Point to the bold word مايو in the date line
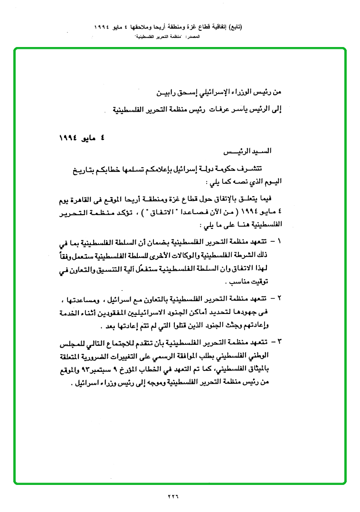point(85,137)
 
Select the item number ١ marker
point(279,241)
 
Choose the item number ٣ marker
point(279,341)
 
